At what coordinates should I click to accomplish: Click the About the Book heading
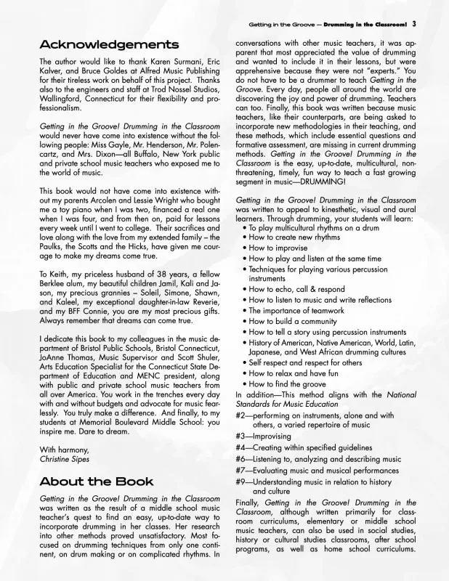pos(96,482)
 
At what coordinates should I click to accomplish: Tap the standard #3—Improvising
pos(263,436)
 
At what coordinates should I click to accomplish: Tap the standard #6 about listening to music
pos(318,459)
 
